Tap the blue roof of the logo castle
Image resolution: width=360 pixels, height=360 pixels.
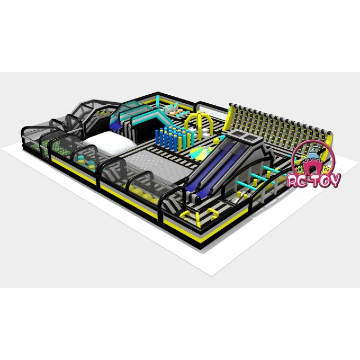pos(312,154)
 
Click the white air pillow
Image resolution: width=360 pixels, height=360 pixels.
pos(107,143)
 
